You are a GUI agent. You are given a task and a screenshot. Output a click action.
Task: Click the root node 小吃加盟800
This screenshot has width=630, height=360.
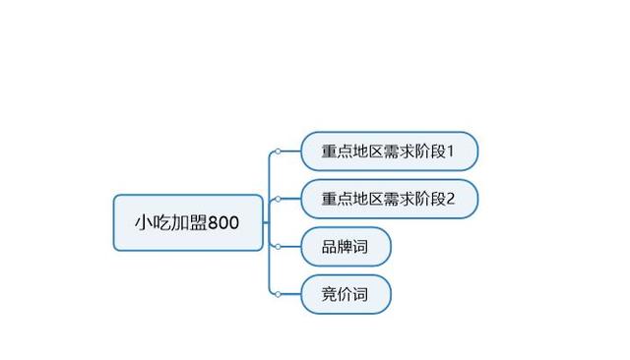(x=187, y=222)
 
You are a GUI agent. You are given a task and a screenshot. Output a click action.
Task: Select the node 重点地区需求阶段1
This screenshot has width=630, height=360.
(x=389, y=151)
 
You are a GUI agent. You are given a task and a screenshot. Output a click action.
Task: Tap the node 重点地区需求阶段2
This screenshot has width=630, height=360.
(x=389, y=199)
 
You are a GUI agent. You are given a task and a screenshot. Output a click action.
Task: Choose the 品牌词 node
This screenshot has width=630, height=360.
(x=346, y=247)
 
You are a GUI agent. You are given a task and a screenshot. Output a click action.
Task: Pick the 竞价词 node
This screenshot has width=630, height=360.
(x=346, y=294)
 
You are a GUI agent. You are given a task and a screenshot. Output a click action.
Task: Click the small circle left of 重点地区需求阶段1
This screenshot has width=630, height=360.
(x=279, y=151)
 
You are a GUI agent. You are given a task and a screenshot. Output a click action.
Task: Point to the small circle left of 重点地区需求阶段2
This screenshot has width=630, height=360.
(x=279, y=199)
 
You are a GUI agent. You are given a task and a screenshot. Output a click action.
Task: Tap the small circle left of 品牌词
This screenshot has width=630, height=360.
(x=279, y=247)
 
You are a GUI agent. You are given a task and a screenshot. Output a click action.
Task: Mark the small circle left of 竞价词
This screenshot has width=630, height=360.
(x=279, y=294)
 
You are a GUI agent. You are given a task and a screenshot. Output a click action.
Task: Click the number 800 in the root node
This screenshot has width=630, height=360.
(x=222, y=223)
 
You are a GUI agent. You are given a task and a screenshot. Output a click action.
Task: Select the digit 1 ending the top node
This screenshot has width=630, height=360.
(x=451, y=151)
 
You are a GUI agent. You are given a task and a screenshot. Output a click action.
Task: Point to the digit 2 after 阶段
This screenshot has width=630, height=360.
(x=451, y=199)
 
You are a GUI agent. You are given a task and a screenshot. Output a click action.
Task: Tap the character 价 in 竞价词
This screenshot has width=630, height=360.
(x=346, y=294)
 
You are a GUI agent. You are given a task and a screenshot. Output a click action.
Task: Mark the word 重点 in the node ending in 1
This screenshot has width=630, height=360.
(x=338, y=151)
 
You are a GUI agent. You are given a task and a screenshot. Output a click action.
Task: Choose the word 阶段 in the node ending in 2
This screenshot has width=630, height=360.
(x=429, y=199)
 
